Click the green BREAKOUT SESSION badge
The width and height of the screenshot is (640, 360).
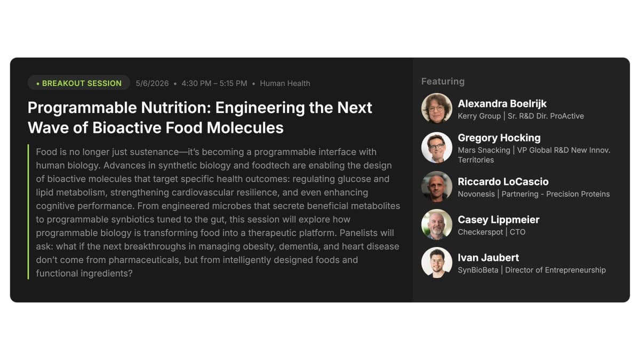[79, 83]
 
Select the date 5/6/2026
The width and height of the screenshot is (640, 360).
[152, 83]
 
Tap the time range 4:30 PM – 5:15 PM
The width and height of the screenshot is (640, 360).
[214, 83]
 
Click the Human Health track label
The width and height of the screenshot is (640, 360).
[285, 83]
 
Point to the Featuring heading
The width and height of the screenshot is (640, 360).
[443, 82]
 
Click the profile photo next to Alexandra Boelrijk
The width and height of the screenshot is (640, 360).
[437, 108]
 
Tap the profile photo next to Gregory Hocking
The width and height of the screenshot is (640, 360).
[437, 147]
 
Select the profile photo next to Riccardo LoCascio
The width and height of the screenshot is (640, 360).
[437, 186]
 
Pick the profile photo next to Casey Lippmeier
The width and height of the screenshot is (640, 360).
[437, 225]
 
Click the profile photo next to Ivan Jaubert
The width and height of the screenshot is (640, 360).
[437, 262]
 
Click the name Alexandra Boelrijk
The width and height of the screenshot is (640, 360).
[502, 103]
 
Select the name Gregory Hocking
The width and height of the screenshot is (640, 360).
[499, 138]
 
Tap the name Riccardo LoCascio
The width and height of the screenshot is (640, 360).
[503, 181]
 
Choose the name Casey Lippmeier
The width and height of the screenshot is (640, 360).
[499, 220]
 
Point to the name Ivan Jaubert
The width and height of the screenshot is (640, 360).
[489, 258]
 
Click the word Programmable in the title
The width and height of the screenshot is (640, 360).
[82, 108]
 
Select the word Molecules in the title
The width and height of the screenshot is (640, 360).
[245, 127]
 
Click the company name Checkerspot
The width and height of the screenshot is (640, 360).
[480, 232]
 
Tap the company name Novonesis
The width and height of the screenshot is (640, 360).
[476, 194]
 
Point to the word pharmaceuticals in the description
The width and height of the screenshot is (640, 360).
[145, 260]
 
